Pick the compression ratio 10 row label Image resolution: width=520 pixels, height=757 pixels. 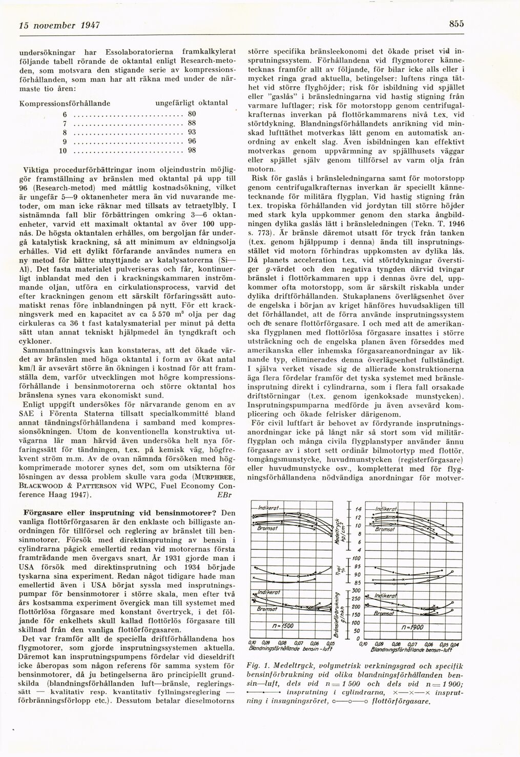click(63, 151)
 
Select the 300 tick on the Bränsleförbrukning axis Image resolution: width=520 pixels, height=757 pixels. click(356, 590)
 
